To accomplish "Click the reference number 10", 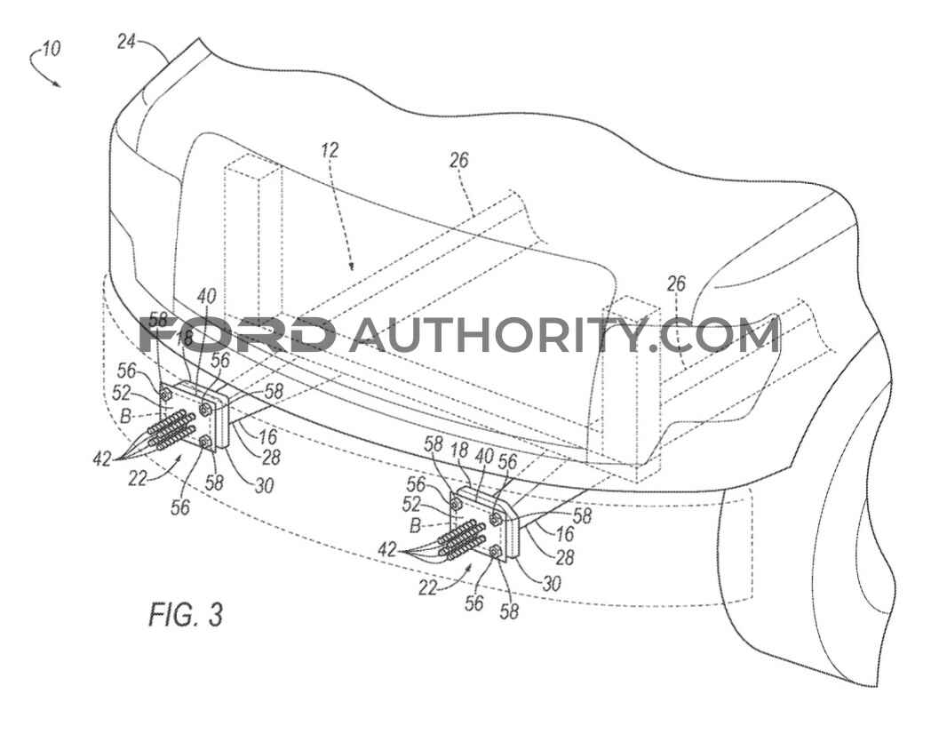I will pyautogui.click(x=51, y=49).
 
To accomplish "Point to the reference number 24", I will pyautogui.click(x=127, y=41).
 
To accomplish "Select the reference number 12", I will pyautogui.click(x=330, y=151).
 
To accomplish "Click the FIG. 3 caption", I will pyautogui.click(x=185, y=614).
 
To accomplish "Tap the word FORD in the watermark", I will pyautogui.click(x=237, y=335).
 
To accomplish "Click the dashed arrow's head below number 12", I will pyautogui.click(x=353, y=267).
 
